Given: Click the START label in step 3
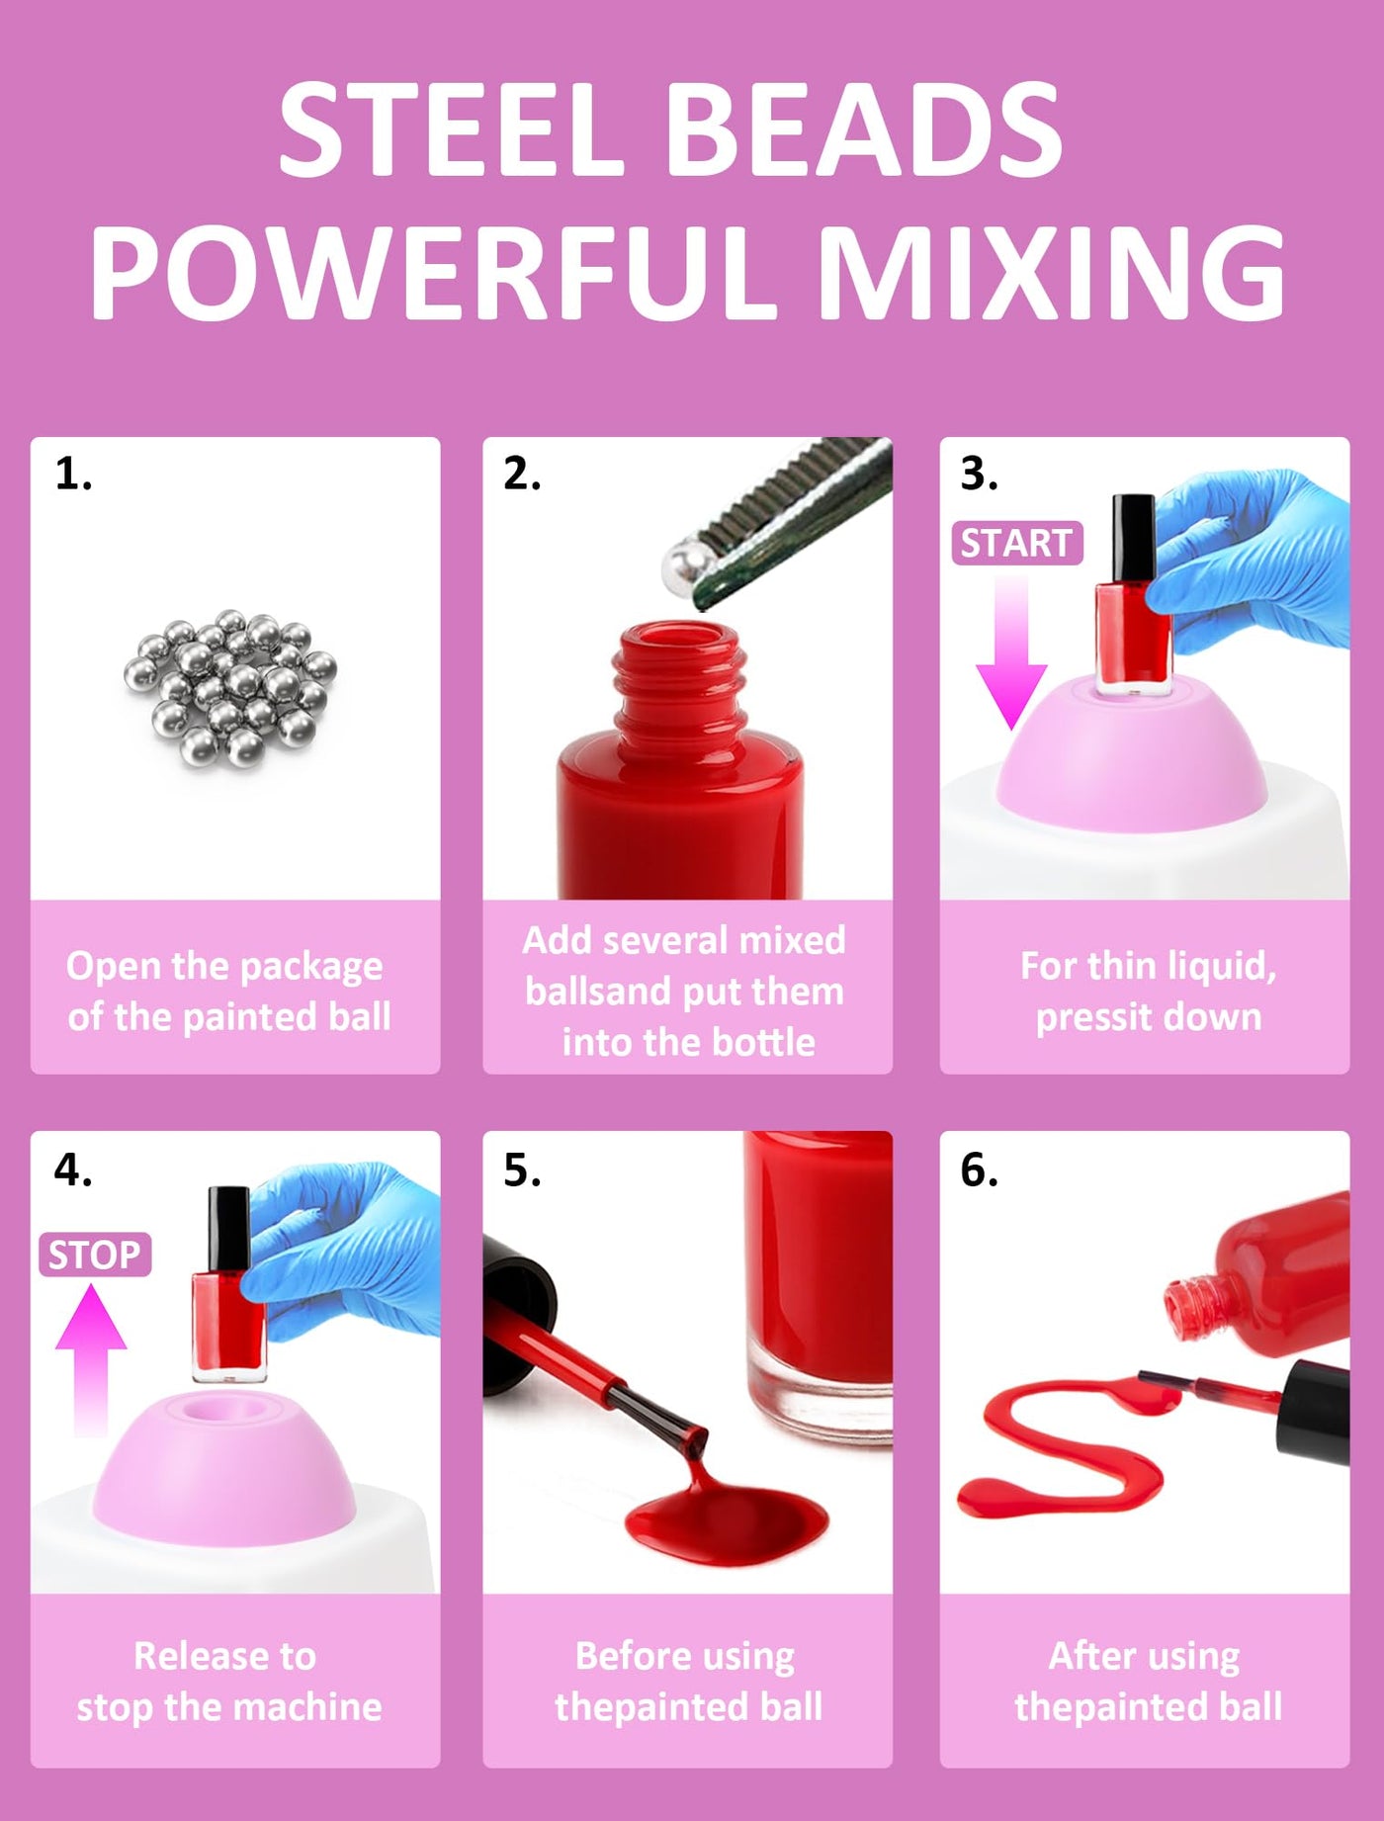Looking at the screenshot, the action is point(1017,543).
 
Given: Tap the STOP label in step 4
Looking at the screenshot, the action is point(95,1255).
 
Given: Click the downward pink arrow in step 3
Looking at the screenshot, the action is point(1011,652).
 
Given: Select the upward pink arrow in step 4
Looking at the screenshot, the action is point(91,1359).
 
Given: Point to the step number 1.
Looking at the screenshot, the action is point(73,475).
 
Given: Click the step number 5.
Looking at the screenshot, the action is point(522,1171).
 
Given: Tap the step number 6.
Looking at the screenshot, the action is point(979,1171).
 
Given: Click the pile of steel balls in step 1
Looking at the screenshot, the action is point(230,687).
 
